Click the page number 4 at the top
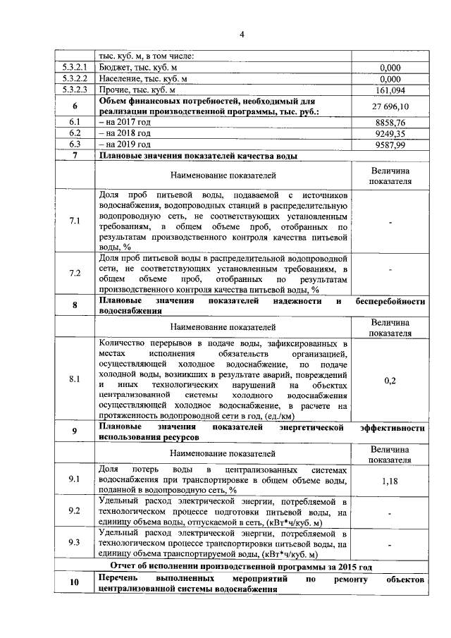[x=240, y=35]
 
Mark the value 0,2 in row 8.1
[x=390, y=381]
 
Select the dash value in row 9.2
[x=390, y=513]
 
